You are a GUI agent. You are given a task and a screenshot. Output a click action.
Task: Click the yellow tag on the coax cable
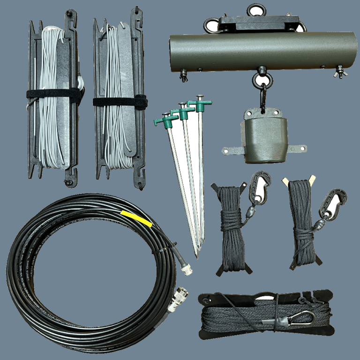point(136,218)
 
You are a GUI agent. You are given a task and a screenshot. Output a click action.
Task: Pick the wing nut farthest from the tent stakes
point(338,72)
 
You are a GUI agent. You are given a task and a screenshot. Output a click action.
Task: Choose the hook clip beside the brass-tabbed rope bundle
point(334,202)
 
